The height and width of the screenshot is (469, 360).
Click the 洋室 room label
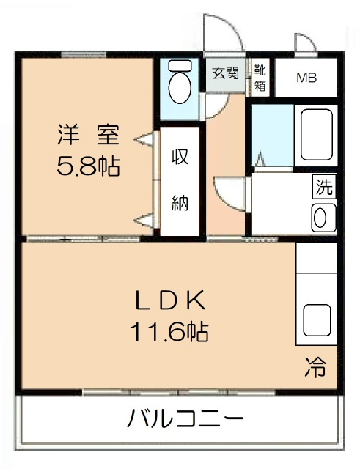pos(88,135)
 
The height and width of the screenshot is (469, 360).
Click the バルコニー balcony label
pos(185,420)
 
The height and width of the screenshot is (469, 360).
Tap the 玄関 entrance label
pos(225,73)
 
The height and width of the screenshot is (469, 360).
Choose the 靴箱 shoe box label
pos(260,76)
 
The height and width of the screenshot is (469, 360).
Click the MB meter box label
pos(306,78)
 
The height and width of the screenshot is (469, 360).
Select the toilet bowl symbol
pos(178,86)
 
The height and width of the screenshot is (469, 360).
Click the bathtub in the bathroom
pos(315,133)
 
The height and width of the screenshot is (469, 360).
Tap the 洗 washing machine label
pos(323,187)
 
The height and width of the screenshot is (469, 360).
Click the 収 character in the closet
pos(180,157)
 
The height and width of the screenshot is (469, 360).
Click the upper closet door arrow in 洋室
pos(146,137)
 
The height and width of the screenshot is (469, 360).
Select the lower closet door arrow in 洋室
pos(146,218)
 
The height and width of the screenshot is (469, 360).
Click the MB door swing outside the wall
pos(304,43)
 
